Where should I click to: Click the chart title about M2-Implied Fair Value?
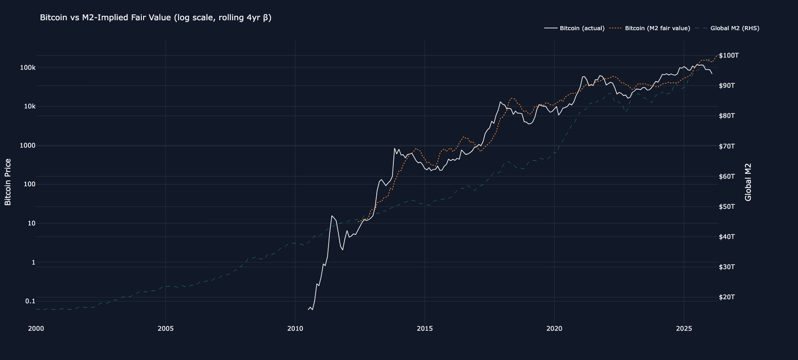[x=155, y=18]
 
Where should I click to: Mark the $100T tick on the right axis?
[x=729, y=55]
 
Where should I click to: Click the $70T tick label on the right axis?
[x=727, y=146]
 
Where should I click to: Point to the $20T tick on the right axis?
[x=727, y=297]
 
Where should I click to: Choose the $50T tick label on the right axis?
[x=727, y=207]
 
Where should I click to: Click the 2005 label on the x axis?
[x=166, y=328]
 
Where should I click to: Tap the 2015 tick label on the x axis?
[x=424, y=328]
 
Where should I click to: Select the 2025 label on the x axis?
[x=684, y=328]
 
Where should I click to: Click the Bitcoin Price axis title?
[x=8, y=182]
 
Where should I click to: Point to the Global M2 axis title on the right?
[x=748, y=182]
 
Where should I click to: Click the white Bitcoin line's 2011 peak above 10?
[x=332, y=216]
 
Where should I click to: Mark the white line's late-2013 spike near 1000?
[x=395, y=148]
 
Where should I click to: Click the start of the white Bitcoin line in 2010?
[x=308, y=310]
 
